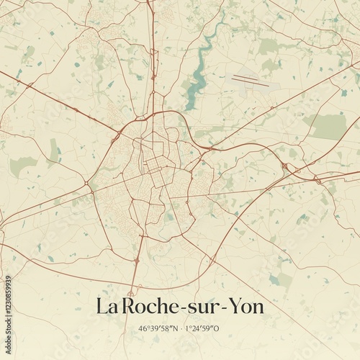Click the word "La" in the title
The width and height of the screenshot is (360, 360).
[x=106, y=307]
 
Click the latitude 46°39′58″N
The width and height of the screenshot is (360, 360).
[x=159, y=328]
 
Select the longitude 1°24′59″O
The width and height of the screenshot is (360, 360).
[x=204, y=328]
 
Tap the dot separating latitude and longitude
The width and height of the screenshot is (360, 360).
[x=181, y=328]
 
